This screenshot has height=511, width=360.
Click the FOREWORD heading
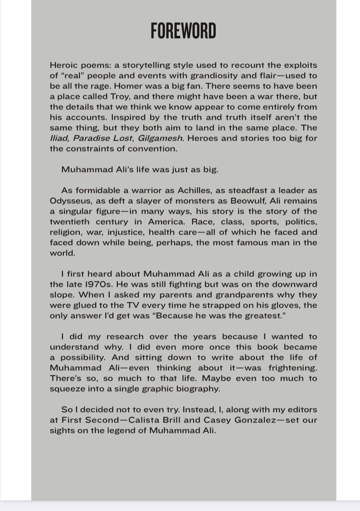[183, 31]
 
